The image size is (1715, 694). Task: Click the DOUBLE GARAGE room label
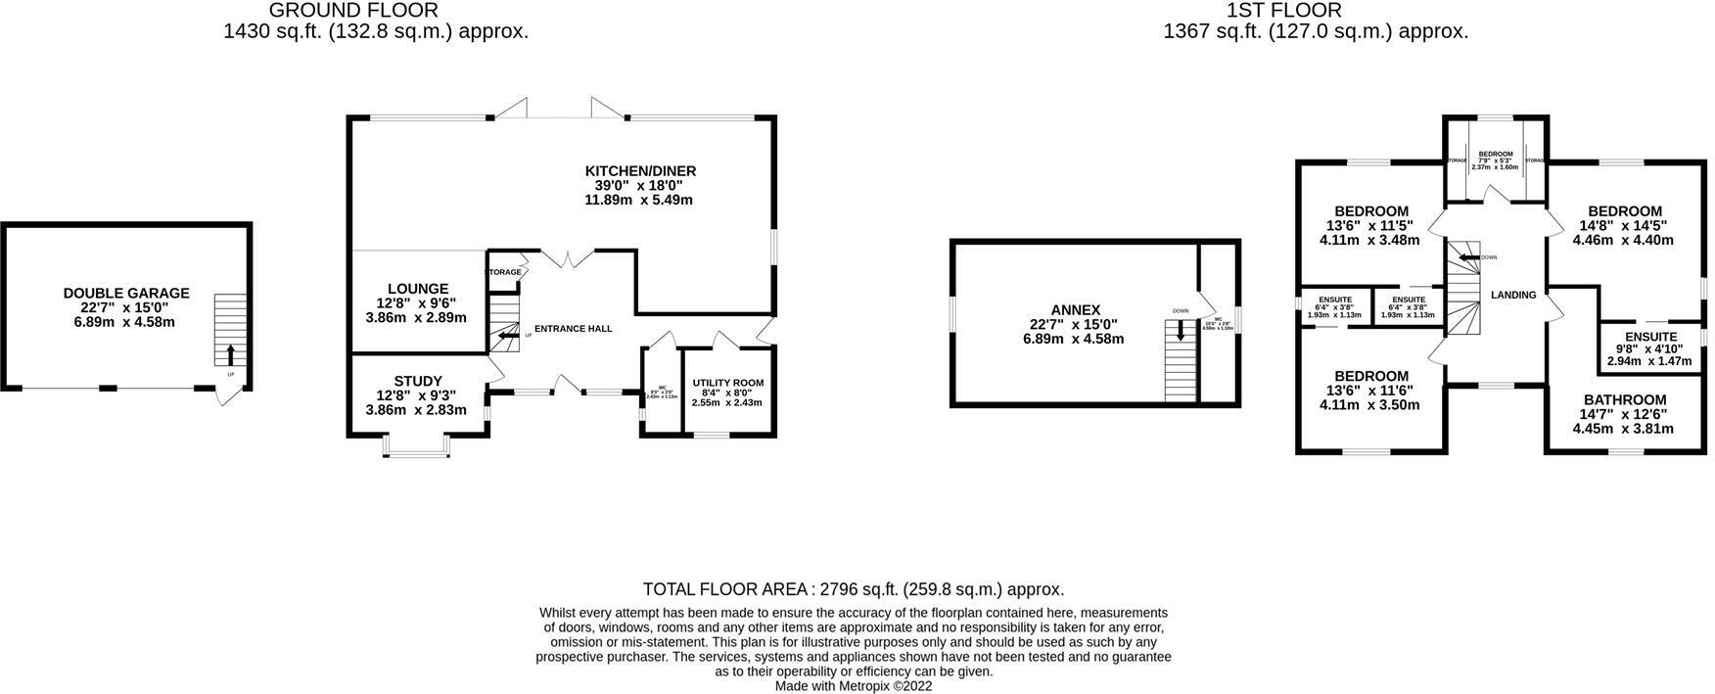(126, 293)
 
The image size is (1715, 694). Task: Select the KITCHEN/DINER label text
(639, 171)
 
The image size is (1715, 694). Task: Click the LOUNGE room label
(417, 289)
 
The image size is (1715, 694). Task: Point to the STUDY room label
(418, 382)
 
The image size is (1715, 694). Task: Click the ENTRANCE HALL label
(573, 329)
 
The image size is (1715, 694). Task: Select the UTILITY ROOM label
(727, 383)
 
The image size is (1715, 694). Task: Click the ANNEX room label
(1077, 310)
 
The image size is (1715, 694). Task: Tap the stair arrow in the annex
(1181, 332)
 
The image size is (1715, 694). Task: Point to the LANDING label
(1512, 295)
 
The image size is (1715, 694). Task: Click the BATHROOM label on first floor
(1624, 399)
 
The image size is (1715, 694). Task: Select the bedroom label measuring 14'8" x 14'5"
(1624, 211)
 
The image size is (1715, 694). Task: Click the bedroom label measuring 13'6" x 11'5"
(1370, 211)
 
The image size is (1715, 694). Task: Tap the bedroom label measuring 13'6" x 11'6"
(1370, 376)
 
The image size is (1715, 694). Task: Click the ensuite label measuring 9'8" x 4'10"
(1651, 337)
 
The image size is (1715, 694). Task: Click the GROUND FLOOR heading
(353, 11)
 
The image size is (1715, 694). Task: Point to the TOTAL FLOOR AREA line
(853, 589)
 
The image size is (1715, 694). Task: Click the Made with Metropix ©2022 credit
(853, 686)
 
